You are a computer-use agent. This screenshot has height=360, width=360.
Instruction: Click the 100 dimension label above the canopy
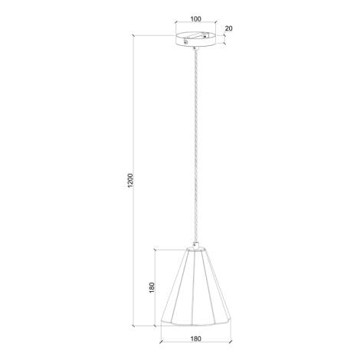point(196,19)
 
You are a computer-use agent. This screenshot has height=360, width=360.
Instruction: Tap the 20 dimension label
point(229,28)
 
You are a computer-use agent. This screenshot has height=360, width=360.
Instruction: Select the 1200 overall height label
point(130,181)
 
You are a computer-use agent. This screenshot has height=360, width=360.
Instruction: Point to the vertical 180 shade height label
point(152,287)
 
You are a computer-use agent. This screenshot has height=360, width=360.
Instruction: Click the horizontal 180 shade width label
point(196,339)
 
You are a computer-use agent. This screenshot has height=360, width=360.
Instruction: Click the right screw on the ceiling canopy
point(205,37)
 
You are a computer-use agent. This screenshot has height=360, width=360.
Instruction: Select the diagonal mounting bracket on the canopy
point(195,38)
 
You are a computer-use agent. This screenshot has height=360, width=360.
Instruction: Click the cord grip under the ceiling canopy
point(196,48)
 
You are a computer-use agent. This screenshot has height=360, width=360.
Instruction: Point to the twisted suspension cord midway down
point(196,146)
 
